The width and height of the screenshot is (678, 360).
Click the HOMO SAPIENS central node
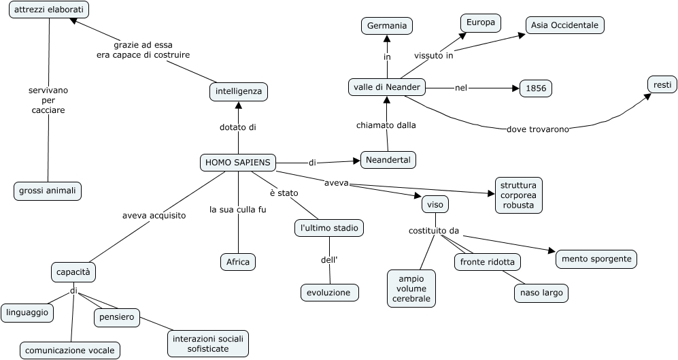pyautogui.click(x=238, y=162)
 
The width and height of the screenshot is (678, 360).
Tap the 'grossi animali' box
pyautogui.click(x=48, y=191)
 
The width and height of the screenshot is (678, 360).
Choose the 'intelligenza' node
pyautogui.click(x=238, y=91)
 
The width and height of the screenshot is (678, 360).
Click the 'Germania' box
pyautogui.click(x=387, y=26)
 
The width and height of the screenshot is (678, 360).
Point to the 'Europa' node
pyautogui.click(x=481, y=22)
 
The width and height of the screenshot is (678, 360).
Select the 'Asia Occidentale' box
pyautogui.click(x=564, y=25)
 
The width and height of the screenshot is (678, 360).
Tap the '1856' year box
pyautogui.click(x=535, y=88)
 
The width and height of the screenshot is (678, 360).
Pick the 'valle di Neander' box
pyautogui.click(x=386, y=87)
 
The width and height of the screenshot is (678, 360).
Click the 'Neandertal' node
pyautogui.click(x=388, y=160)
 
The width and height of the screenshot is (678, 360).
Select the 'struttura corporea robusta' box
pyautogui.click(x=518, y=195)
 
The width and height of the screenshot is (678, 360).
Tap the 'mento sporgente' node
pyautogui.click(x=596, y=259)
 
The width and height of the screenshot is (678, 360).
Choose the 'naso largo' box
pyautogui.click(x=541, y=293)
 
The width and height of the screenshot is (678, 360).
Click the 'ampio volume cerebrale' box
pyautogui.click(x=411, y=289)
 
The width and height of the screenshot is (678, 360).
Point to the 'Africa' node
pyautogui.click(x=238, y=261)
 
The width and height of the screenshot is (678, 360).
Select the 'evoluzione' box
pyautogui.click(x=329, y=293)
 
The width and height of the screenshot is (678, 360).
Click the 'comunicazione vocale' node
pyautogui.click(x=70, y=350)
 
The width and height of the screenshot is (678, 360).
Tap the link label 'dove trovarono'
pyautogui.click(x=537, y=129)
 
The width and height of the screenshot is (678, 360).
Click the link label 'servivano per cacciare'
pyautogui.click(x=48, y=100)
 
